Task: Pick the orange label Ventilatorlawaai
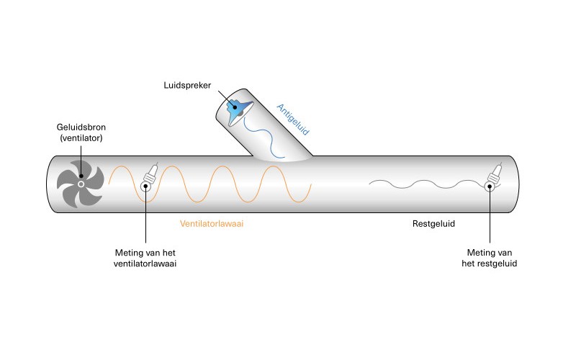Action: click(x=217, y=224)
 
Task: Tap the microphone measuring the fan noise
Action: click(x=150, y=176)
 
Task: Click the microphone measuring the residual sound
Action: click(x=494, y=177)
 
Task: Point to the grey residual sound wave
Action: click(x=418, y=184)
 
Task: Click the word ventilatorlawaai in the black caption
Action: click(x=146, y=264)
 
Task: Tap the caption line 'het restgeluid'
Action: click(x=490, y=264)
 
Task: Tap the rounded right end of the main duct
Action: click(x=513, y=185)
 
